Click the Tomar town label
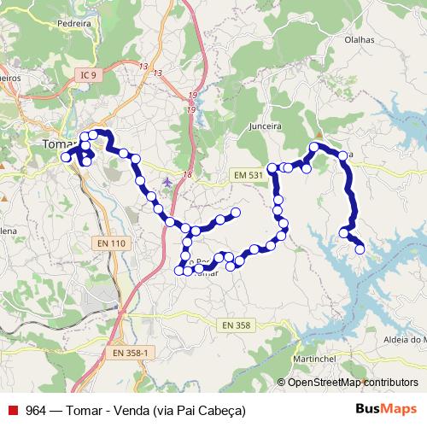pos(59,144)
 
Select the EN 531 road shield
pos(249,175)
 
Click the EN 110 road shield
pos(112,243)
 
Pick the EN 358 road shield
pos(237,325)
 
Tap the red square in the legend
pos(11,409)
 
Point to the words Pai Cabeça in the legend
pos(210,409)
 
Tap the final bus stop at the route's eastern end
pos(360,249)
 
